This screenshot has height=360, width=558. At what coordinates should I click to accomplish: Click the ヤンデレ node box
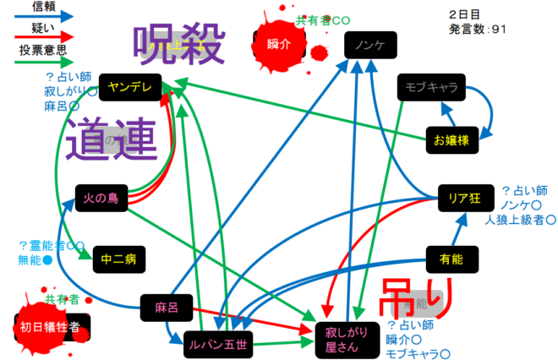tap(129, 86)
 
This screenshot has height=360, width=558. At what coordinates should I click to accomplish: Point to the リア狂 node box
tap(465, 198)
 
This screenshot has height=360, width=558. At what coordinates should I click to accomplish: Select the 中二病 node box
tap(118, 259)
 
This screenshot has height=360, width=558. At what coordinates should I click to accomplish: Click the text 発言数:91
tap(478, 29)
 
